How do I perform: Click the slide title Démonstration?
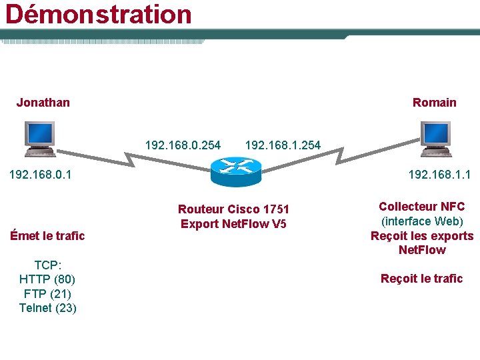click(99, 14)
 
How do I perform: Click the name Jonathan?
click(43, 102)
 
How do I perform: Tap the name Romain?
click(434, 102)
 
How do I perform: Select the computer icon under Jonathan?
click(39, 138)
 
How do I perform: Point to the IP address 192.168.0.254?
click(183, 145)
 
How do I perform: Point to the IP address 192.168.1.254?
click(283, 145)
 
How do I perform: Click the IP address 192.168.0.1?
click(40, 175)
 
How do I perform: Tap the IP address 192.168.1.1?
click(439, 175)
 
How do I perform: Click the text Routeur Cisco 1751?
click(233, 209)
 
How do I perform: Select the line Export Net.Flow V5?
click(233, 223)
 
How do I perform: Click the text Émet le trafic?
click(47, 235)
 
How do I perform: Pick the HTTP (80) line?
click(47, 279)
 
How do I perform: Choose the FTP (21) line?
click(47, 293)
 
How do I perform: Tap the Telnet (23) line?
click(47, 307)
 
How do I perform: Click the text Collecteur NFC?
click(421, 207)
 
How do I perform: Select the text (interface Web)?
click(421, 221)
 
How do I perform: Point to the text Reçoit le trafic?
click(421, 278)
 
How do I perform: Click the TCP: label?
click(47, 264)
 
